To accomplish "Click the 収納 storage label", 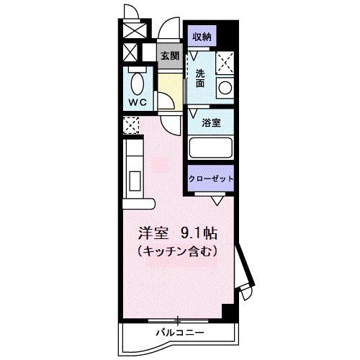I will (202, 36).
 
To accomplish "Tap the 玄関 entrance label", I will (169, 55).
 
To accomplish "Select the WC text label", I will (138, 102).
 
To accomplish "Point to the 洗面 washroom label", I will (201, 77).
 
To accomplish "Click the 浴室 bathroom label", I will (211, 122).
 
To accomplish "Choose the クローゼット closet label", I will (212, 179).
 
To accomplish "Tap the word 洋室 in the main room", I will (154, 235).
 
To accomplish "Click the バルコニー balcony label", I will (179, 332).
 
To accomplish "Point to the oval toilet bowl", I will (137, 83).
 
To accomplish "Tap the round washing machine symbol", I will (225, 89).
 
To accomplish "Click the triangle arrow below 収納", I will (193, 55).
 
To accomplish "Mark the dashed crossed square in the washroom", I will (225, 63).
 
